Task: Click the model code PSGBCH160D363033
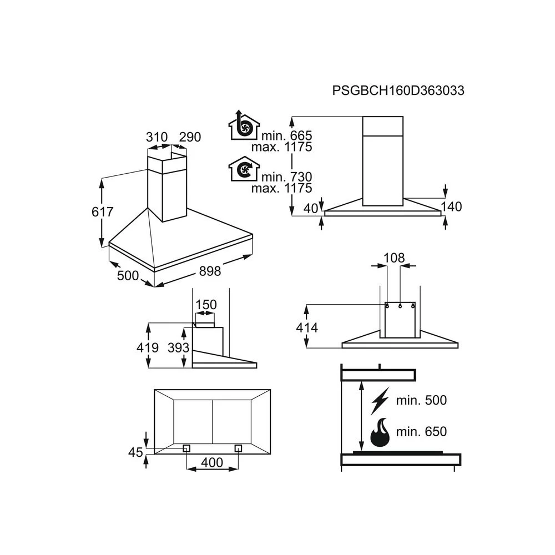click(x=398, y=90)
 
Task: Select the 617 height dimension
click(x=102, y=211)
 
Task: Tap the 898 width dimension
click(x=210, y=271)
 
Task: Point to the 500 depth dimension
click(x=128, y=275)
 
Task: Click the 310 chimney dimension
click(x=157, y=137)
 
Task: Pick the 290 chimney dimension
click(x=190, y=137)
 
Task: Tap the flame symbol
click(x=380, y=432)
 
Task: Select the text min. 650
click(x=421, y=431)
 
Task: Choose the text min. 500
click(x=421, y=400)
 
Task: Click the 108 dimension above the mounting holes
click(x=394, y=258)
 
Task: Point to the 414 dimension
click(x=307, y=328)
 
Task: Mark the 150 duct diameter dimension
click(x=206, y=304)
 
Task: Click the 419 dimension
click(x=148, y=347)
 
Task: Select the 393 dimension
click(x=178, y=347)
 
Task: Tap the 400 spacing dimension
click(x=212, y=463)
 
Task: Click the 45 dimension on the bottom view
click(x=135, y=452)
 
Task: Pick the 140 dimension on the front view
click(x=451, y=206)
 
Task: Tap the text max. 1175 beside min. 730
click(x=282, y=188)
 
